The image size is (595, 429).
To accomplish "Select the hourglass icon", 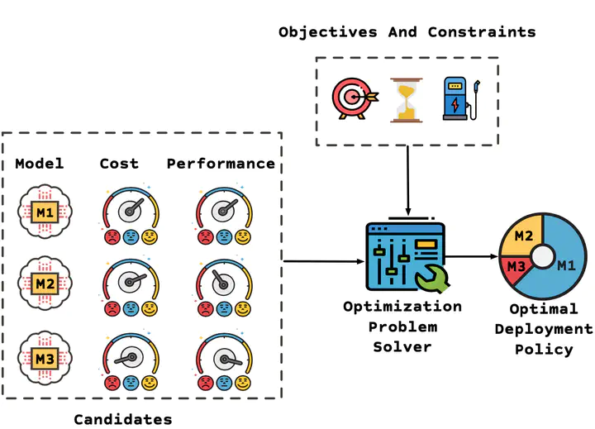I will (x=404, y=100).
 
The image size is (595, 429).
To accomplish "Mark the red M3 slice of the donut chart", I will (x=516, y=266).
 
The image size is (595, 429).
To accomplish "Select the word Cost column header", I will (x=120, y=164).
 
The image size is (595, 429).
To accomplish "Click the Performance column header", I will (x=221, y=164).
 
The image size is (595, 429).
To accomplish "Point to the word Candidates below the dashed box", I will (x=122, y=419).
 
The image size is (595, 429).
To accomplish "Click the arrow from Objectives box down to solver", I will (x=407, y=182).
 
